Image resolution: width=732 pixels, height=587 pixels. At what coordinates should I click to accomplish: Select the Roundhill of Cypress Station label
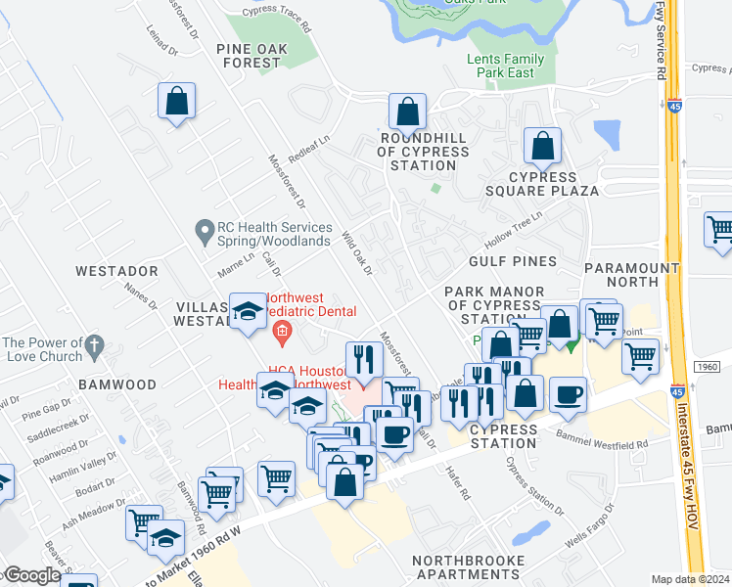[423, 152]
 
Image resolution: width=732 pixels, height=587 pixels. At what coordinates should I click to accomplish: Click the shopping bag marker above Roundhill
[407, 113]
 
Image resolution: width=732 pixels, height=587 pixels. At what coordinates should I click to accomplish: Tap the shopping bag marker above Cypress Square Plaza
[541, 147]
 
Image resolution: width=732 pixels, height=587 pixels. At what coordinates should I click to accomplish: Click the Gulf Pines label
[512, 261]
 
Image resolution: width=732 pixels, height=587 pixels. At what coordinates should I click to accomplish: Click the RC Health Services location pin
[205, 232]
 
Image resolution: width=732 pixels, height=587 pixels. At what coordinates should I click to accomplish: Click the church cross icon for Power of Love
[94, 344]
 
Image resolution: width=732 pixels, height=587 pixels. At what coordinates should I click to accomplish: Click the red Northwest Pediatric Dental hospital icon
[282, 333]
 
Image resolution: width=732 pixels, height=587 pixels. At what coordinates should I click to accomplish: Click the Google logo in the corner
[32, 575]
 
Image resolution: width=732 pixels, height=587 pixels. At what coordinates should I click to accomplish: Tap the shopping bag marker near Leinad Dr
[176, 101]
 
